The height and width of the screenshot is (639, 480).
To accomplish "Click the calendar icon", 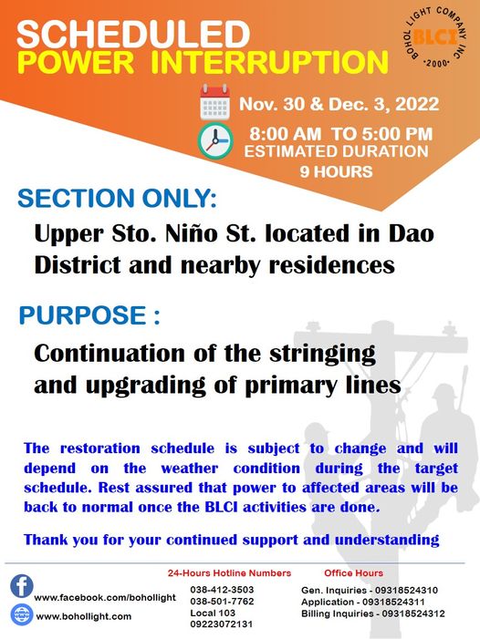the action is coord(215,102).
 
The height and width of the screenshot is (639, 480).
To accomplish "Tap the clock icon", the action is coord(215,141).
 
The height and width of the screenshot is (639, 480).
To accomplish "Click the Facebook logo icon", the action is coord(22,586).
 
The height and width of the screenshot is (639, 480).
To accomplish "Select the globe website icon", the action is coord(22,614).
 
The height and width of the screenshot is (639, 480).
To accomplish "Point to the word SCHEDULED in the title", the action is coord(133,35).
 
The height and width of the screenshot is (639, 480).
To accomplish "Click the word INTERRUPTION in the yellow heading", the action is coord(269,62).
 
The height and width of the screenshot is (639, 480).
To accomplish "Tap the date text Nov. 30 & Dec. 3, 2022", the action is coord(339,104).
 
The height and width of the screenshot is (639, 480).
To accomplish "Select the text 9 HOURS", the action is coord(337,171).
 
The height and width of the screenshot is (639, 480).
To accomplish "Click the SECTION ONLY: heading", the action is coord(117,199).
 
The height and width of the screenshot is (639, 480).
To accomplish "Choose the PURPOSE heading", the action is coord(89,315).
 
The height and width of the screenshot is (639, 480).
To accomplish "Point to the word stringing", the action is coord(322,355).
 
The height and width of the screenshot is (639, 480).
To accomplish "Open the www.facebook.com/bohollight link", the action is coord(105,598).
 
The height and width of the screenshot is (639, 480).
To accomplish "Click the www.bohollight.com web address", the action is coord(84,616).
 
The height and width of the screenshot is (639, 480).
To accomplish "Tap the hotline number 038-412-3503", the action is coord(222,590).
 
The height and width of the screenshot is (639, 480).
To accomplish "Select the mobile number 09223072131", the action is coord(222,624).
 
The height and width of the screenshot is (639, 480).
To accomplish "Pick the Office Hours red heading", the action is coord(353,573).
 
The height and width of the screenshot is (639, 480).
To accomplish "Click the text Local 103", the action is coord(213,613).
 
